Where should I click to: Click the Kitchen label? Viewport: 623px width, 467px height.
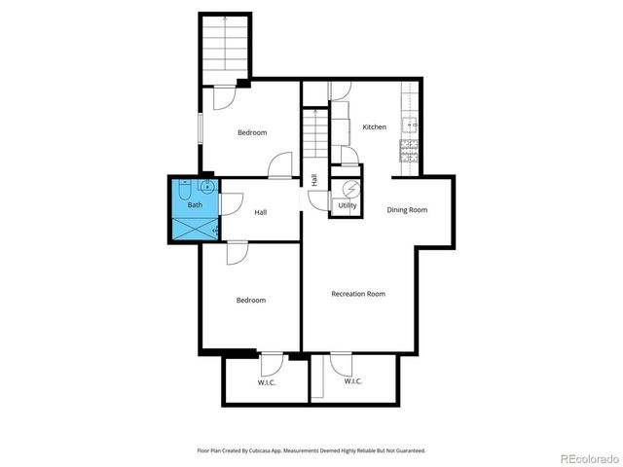[x=375, y=127]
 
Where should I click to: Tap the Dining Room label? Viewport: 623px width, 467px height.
[x=407, y=210]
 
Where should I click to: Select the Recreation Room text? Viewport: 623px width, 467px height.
[x=358, y=294]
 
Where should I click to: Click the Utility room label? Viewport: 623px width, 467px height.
[x=348, y=206]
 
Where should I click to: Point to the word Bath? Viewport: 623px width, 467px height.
[x=195, y=205]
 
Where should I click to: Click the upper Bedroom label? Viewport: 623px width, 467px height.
[x=252, y=132]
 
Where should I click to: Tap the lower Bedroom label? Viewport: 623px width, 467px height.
[x=251, y=301]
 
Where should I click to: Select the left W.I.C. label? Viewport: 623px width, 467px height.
[x=267, y=382]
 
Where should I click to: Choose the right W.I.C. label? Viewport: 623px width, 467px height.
[x=352, y=381]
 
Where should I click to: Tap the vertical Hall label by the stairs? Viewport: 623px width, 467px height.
[x=314, y=179]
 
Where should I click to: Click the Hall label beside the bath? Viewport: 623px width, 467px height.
[x=261, y=213]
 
